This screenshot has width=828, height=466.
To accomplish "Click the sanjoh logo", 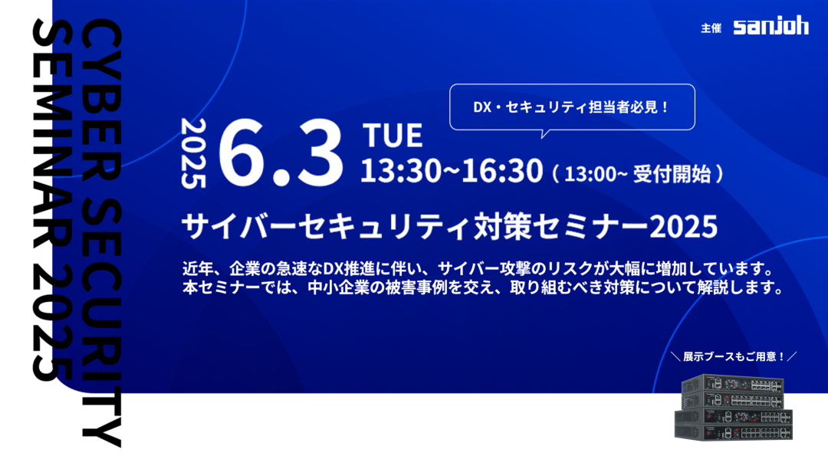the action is pos(770,26).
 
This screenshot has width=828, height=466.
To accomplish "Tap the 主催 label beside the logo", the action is pos(711,28).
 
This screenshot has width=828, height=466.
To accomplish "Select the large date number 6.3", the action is pos(281,153).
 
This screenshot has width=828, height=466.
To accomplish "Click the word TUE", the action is pos(393,135).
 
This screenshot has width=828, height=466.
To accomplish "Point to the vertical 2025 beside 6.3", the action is pos(192,153).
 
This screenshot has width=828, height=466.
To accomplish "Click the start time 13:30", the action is pos(400,170).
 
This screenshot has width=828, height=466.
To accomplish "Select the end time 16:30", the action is pos(502,170).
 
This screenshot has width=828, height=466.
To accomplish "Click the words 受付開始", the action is pos(672,174).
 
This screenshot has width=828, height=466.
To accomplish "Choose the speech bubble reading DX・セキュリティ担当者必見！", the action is pos(572,107).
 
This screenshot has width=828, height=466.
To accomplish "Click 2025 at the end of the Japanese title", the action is pos(683,227).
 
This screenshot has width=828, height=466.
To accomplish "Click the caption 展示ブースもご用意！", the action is pos(734,356).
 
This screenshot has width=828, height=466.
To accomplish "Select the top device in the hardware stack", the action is pos(733,384).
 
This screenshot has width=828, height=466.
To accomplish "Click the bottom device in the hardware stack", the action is pos(734,432).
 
